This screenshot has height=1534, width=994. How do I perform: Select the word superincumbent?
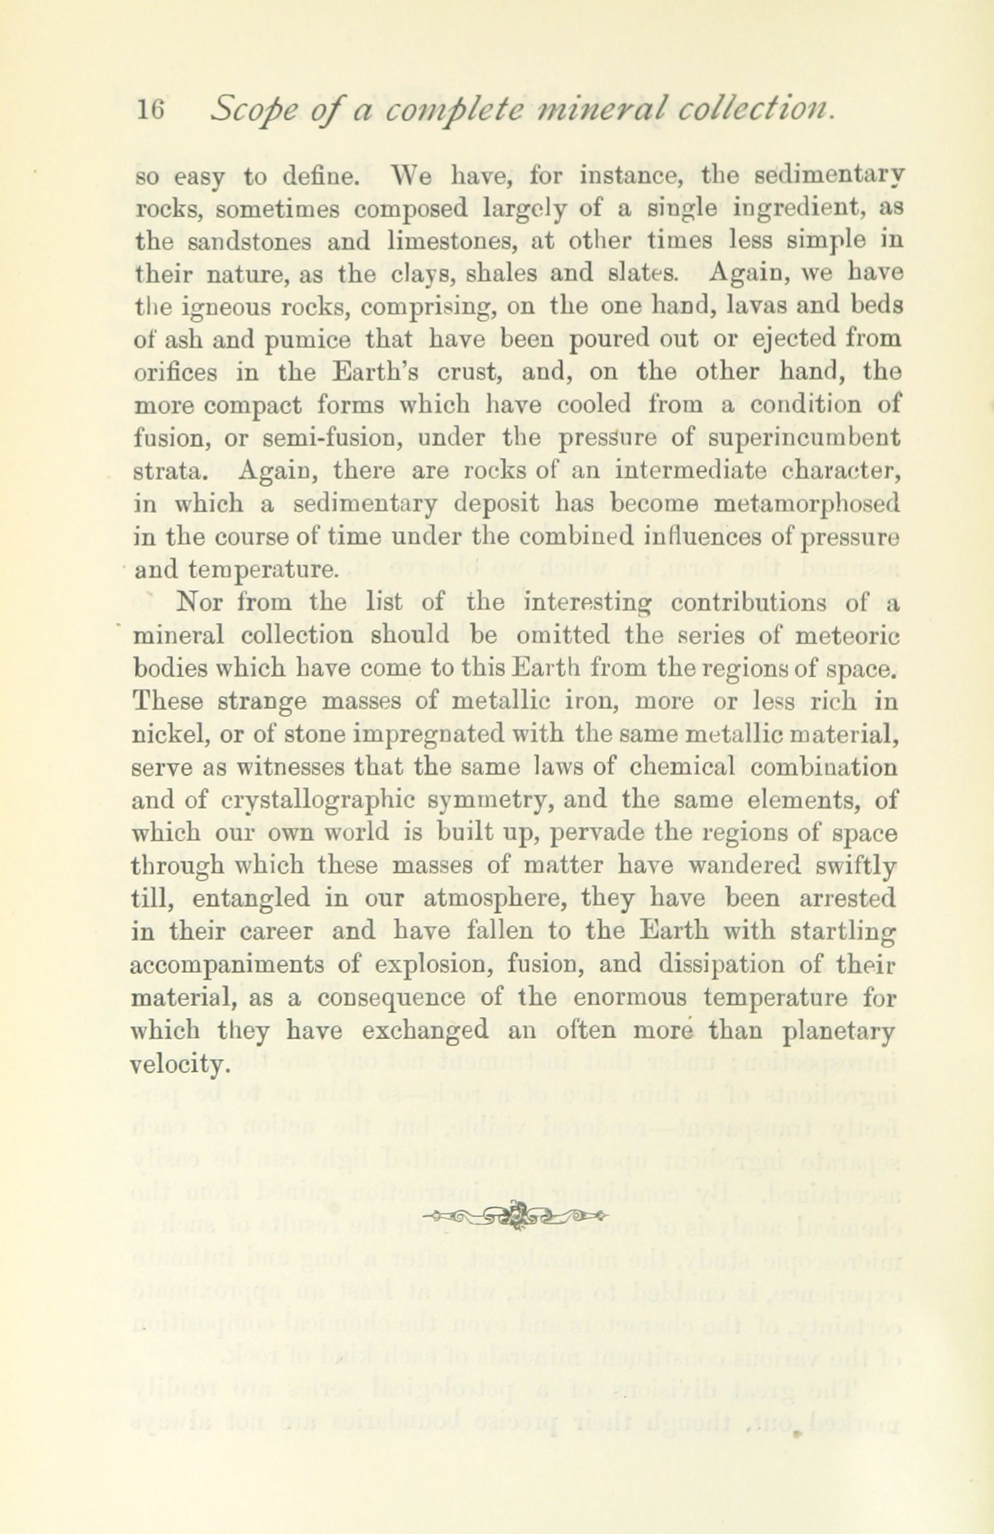point(804,437)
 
